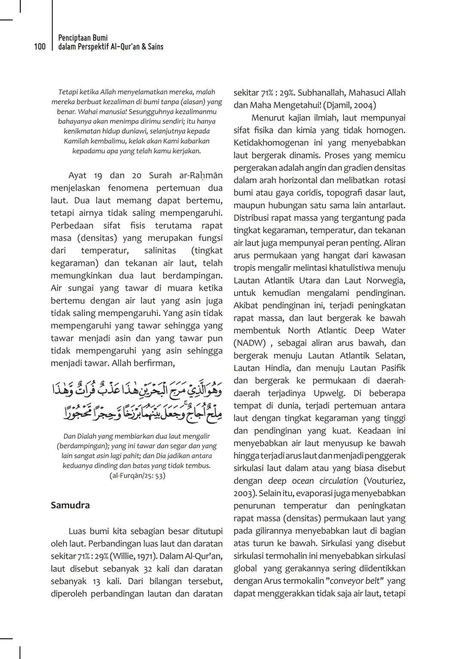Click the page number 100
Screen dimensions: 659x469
(40, 46)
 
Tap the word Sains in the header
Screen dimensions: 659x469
(155, 46)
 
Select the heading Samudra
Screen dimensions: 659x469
(70, 505)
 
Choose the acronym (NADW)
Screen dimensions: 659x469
(250, 343)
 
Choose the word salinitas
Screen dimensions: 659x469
(160, 250)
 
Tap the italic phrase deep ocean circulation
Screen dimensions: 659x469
(313, 480)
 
